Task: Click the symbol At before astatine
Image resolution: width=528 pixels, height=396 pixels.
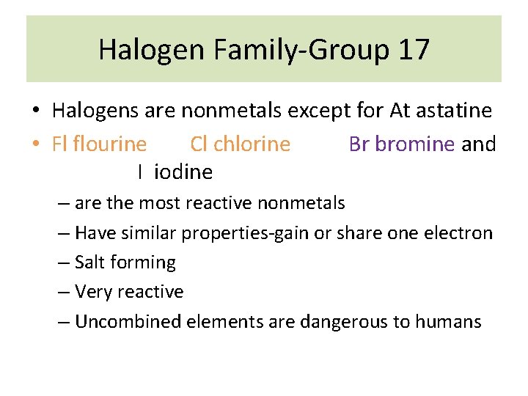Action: [400, 111]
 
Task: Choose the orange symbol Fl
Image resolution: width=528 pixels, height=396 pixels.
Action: [59, 144]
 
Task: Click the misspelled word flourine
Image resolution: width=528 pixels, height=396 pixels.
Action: [109, 144]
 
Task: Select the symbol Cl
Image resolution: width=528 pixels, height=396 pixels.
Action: [198, 144]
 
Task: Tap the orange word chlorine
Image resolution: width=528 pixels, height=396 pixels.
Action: [252, 144]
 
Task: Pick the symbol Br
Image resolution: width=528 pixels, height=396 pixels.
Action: [359, 144]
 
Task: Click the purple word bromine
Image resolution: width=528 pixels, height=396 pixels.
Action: [415, 144]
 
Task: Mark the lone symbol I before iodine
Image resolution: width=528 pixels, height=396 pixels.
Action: [139, 172]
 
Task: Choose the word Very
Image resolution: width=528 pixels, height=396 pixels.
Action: [93, 292]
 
